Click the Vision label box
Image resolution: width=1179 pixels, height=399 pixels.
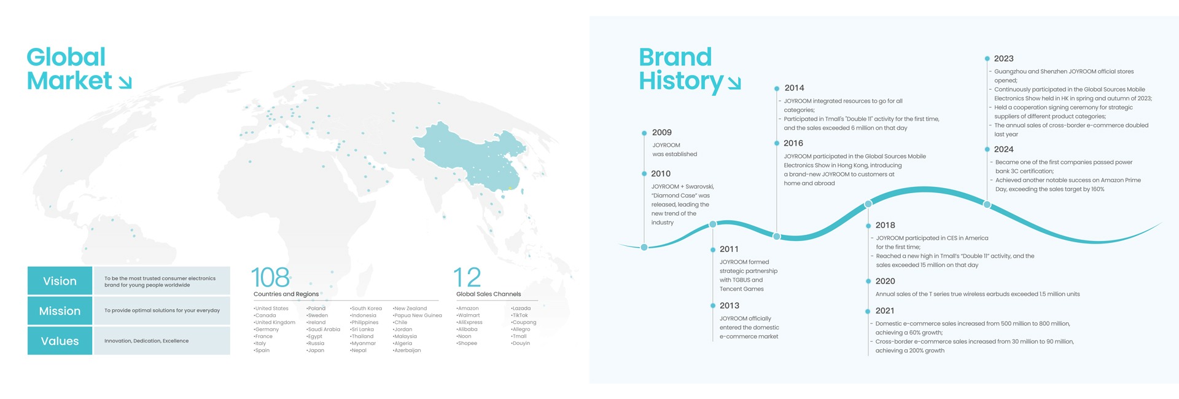coord(60,280)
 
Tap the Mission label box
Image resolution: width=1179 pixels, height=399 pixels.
coord(60,310)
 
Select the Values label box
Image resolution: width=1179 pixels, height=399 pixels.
coord(60,341)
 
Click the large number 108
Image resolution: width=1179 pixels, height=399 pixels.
coord(270,277)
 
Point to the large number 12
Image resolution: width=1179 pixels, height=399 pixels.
coord(467,277)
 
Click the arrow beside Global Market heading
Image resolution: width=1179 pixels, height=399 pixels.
coord(125,82)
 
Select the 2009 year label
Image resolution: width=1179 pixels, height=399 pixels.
coord(662,132)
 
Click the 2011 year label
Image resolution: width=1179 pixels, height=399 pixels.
coord(729,249)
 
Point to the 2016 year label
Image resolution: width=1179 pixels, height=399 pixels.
coord(793,143)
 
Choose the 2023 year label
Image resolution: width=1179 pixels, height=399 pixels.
coord(1004,58)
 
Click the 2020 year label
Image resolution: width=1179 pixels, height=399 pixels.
coord(885,281)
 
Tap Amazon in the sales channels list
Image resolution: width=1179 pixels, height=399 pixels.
coord(468,309)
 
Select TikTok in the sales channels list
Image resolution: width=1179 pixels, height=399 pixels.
coord(520,315)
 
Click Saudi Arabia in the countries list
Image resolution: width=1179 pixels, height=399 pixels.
coord(324,330)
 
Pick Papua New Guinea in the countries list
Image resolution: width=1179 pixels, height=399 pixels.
coord(418,315)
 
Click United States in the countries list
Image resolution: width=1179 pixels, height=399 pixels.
coord(271,309)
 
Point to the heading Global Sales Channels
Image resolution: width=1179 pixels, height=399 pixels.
coord(489,294)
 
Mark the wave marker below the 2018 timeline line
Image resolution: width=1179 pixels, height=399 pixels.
coord(868,203)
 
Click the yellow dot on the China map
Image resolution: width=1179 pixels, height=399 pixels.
coord(510,188)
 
